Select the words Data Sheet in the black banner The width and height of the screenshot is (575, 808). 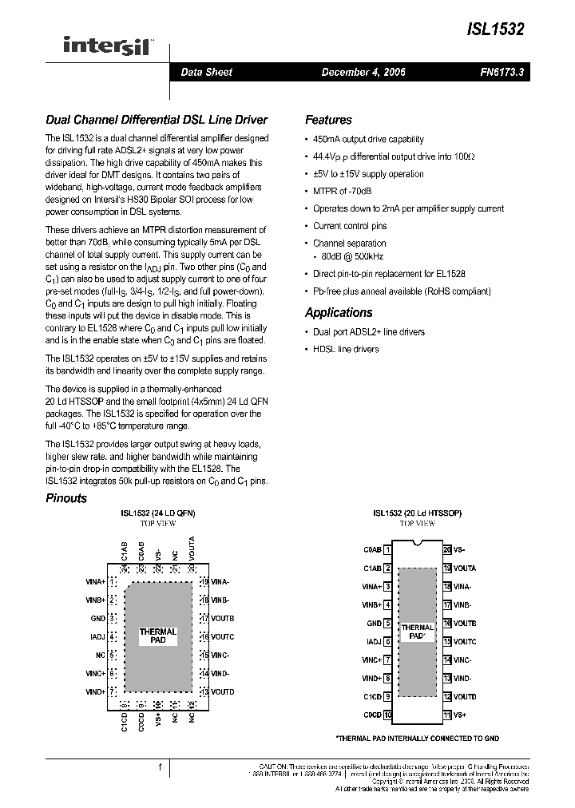coord(206,72)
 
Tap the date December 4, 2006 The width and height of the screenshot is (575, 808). coord(363,72)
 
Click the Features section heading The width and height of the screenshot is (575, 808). coord(328,120)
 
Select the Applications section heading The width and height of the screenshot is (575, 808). coord(339,312)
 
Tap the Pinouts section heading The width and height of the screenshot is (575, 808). coord(66,498)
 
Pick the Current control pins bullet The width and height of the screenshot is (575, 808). coord(350,226)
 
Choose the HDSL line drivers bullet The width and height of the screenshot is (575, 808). coord(346,349)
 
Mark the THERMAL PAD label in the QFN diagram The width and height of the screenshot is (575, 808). coord(158,636)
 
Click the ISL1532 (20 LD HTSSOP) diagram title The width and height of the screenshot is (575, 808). coord(418,513)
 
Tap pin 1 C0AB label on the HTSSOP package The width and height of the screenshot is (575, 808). coord(372,549)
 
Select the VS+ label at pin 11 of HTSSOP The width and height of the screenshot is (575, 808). coord(460,715)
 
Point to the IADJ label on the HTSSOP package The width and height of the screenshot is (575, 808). coord(373,641)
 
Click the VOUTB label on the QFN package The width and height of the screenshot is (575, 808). coord(223,618)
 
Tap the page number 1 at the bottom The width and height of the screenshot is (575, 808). coord(161,767)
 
